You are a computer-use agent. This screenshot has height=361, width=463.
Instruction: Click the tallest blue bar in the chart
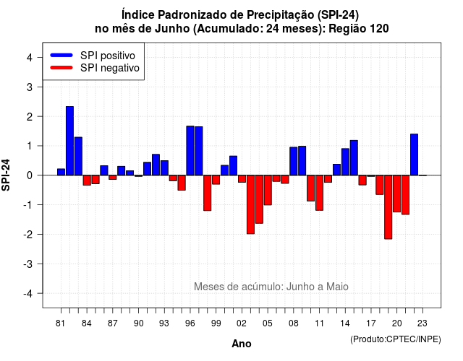coord(69,141)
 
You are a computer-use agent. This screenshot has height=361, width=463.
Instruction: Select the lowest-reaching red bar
coord(388,207)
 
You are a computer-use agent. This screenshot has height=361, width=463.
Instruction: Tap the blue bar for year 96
coord(190,151)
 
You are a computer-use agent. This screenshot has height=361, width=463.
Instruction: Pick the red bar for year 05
coord(268,190)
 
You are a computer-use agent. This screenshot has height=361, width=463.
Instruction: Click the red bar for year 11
coord(319,193)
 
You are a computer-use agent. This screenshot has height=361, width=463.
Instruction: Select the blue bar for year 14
coord(345,162)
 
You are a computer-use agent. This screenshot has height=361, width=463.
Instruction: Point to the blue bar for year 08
coord(294,161)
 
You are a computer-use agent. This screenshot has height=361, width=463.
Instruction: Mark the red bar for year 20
coord(396,193)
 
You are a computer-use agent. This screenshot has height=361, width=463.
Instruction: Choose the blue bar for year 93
coord(164,168)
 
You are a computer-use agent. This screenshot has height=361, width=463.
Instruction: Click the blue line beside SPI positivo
coord(61,55)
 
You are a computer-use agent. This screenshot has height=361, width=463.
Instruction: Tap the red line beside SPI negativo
coord(61,67)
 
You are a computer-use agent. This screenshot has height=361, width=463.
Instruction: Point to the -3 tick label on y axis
coord(28,264)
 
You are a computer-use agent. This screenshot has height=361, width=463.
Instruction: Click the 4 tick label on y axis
coord(30,58)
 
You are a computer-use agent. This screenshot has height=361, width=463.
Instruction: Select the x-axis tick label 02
coord(241,323)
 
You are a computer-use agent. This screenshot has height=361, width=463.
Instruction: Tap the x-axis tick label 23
coord(422,323)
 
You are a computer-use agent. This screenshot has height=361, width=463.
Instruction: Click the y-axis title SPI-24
coord(6,175)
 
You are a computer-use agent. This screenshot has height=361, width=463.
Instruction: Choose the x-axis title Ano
coord(242,344)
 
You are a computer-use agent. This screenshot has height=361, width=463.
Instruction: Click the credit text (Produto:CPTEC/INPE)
coord(396,339)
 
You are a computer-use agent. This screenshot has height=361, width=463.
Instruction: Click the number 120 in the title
coord(379,29)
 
